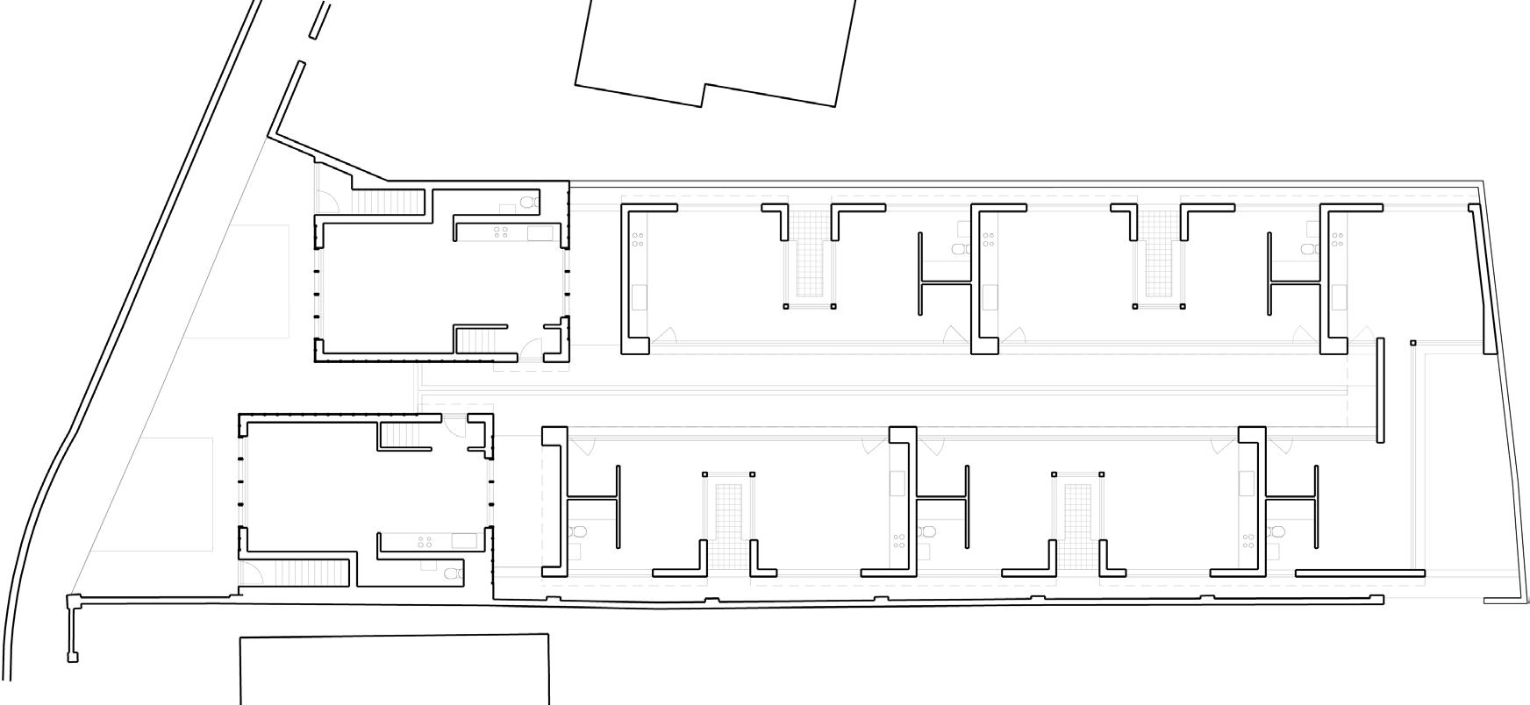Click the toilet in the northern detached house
[x=527, y=203]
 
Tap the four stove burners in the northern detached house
[x=501, y=231]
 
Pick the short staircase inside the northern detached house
[x=479, y=340]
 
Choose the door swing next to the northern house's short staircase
[x=532, y=350]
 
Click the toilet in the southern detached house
[x=451, y=573]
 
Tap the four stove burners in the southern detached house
[x=425, y=542]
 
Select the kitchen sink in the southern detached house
[x=464, y=541]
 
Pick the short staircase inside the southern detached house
[x=404, y=434]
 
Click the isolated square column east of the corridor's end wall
[x=1413, y=343]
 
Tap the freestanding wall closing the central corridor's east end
[x=1380, y=389]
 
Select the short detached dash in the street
[x=320, y=18]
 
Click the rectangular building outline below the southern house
[x=395, y=669]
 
